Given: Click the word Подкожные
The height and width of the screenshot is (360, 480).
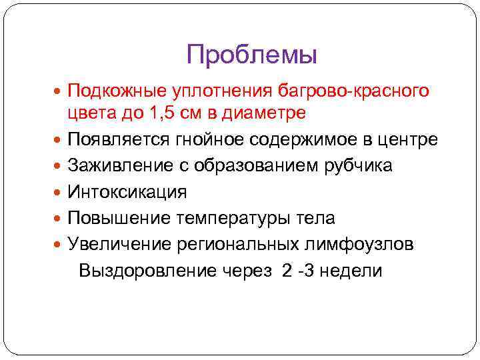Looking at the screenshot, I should (114, 89).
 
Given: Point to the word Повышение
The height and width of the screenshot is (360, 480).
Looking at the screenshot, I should (118, 218).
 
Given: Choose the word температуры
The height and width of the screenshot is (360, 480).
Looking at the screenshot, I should (231, 219).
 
